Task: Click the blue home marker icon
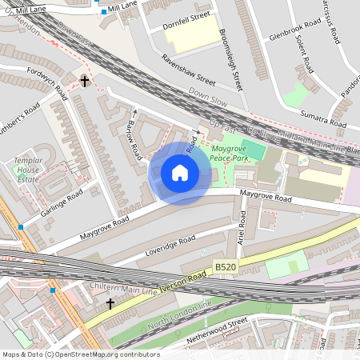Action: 180,173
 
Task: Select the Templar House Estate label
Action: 27,170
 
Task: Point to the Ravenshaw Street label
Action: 189,70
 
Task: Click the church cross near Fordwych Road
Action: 85,81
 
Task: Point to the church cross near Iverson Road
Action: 110,304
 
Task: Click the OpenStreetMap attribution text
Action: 80,354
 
